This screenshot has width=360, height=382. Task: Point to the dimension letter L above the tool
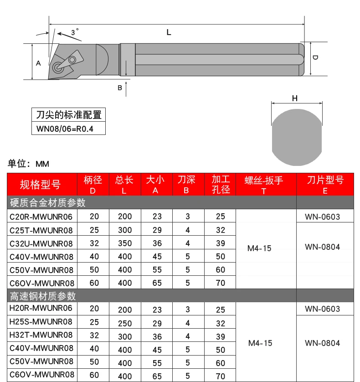coord(169,33)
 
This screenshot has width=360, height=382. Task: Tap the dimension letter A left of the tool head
coord(38,63)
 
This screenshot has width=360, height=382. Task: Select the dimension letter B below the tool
coord(120,88)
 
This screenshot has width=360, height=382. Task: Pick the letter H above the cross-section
coord(294,98)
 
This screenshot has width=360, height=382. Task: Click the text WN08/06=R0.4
coord(65,129)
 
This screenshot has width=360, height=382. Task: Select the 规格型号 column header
coord(40,185)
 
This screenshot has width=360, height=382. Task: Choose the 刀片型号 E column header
coord(325,185)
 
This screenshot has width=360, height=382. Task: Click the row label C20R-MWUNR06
coord(41,217)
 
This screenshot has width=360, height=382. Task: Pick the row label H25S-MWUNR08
coord(41,322)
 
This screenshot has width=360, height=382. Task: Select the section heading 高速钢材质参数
coord(43,296)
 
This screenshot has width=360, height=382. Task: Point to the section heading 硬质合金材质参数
coord(48,202)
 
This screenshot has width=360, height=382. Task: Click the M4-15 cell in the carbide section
coord(259,248)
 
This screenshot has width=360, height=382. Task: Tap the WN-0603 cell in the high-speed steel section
coord(323,309)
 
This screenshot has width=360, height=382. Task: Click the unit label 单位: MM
coord(29,164)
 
